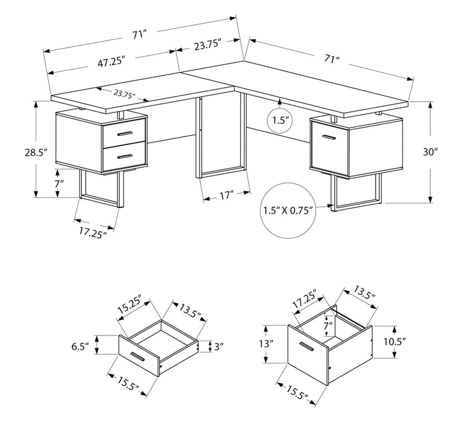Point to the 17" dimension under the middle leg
click(x=226, y=194)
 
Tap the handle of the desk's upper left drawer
click(x=125, y=133)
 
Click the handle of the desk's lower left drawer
click(x=125, y=156)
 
